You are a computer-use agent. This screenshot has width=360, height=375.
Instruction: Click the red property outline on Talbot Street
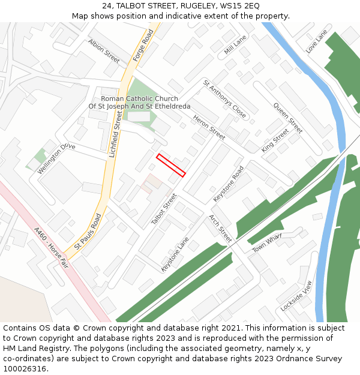point(171,166)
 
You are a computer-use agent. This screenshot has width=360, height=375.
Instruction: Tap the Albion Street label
point(104,51)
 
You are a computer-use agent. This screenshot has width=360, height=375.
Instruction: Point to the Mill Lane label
point(235,45)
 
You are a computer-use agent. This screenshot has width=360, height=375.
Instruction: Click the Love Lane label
point(316,41)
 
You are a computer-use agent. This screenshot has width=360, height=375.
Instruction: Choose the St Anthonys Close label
point(224,98)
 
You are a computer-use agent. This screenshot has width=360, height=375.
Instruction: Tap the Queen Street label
point(288,118)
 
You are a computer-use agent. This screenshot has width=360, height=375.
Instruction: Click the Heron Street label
point(209,128)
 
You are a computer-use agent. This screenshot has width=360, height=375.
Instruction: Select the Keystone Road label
point(229,183)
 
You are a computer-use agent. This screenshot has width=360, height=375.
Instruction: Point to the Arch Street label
point(220,228)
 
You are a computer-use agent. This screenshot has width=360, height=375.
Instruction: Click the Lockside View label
point(296,295)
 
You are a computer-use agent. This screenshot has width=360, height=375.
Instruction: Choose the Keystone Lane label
point(175,254)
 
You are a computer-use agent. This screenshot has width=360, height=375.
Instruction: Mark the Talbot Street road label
point(164,209)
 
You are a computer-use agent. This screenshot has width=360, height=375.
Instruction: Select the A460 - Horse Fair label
point(52,247)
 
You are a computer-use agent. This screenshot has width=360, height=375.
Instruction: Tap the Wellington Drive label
point(56,158)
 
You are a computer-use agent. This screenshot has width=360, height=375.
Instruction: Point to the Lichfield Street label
point(115,139)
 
